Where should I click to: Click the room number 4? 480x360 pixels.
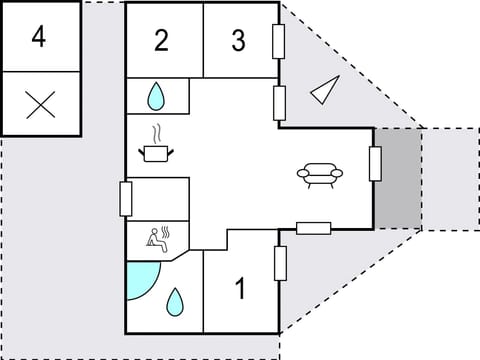(x=39, y=37)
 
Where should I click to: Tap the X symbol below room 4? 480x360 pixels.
(x=39, y=103)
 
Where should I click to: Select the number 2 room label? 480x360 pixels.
(x=162, y=41)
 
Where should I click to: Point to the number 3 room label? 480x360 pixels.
(x=238, y=41)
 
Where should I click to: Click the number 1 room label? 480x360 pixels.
(x=240, y=290)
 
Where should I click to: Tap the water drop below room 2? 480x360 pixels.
(x=156, y=97)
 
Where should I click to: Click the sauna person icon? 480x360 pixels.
(x=157, y=237)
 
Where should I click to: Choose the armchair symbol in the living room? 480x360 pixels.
(x=320, y=175)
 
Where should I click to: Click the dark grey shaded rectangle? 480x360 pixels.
(x=398, y=178)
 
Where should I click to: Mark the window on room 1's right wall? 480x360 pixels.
(x=280, y=263)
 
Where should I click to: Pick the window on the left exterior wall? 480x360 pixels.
(x=125, y=198)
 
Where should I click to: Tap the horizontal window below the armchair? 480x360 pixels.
(x=314, y=227)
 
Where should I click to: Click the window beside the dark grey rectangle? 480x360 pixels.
(x=375, y=163)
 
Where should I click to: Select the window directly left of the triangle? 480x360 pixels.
(x=280, y=102)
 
